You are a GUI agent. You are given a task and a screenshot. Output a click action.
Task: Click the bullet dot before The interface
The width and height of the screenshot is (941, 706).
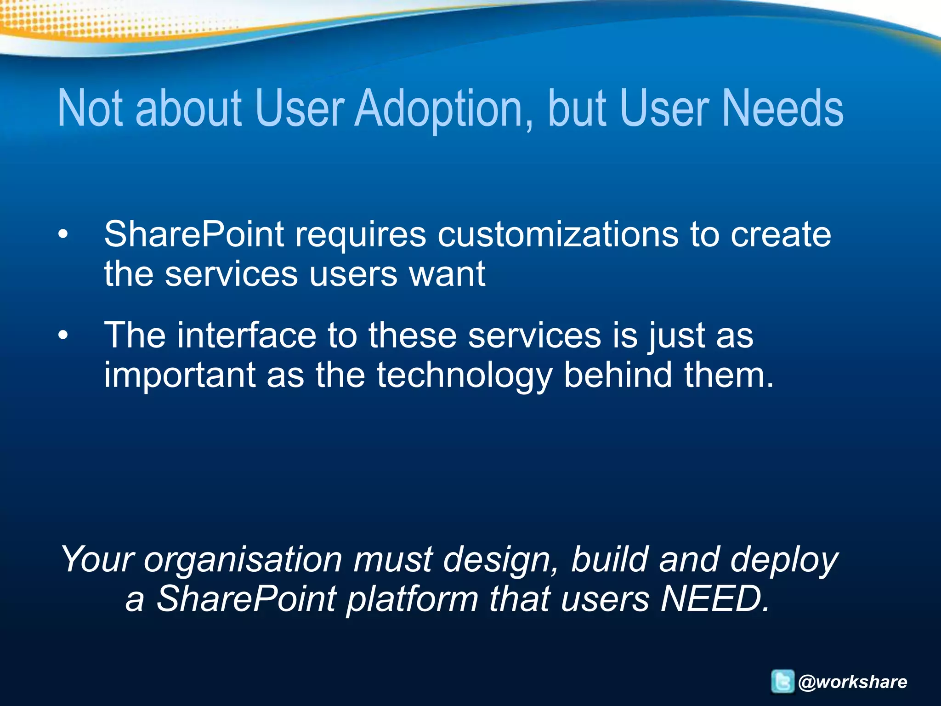click(x=63, y=336)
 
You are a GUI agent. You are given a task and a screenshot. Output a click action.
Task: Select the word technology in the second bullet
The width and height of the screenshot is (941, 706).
click(x=464, y=375)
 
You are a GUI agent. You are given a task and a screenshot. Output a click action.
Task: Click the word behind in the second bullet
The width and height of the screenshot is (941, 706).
click(x=618, y=374)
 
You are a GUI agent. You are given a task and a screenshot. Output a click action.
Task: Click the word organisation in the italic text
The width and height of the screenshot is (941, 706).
click(x=243, y=560)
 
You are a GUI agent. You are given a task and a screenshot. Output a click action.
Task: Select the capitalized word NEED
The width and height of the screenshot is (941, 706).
click(x=714, y=599)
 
